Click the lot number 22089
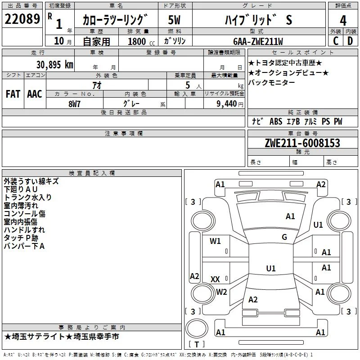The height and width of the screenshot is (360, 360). coord(22,19)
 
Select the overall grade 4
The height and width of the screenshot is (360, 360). coord(343,21)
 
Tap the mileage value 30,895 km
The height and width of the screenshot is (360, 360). coord(54,65)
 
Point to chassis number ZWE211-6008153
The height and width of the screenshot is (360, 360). coord(302,143)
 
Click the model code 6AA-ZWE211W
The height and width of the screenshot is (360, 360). coord(258,41)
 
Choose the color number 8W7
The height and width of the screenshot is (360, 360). coord(74,104)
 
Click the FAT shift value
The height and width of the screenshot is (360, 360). coord(13,94)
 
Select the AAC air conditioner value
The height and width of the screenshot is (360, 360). coord(35,94)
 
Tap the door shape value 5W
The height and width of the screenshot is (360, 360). coord(174,20)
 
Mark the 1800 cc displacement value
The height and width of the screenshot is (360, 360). coord(141,41)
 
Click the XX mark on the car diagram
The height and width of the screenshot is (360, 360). coord(215,279)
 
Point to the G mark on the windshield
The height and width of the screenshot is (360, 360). coord(284,237)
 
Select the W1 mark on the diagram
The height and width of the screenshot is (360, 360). coord(215,241)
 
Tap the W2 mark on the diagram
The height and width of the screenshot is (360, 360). coord(221,292)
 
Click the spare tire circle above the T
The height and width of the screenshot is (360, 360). coord(197,328)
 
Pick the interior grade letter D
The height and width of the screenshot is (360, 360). coord(351,41)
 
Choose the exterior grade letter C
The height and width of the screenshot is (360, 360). coord(336,41)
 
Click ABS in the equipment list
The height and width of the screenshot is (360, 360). coord(276,121)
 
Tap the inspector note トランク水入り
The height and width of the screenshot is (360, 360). coord(28,198)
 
